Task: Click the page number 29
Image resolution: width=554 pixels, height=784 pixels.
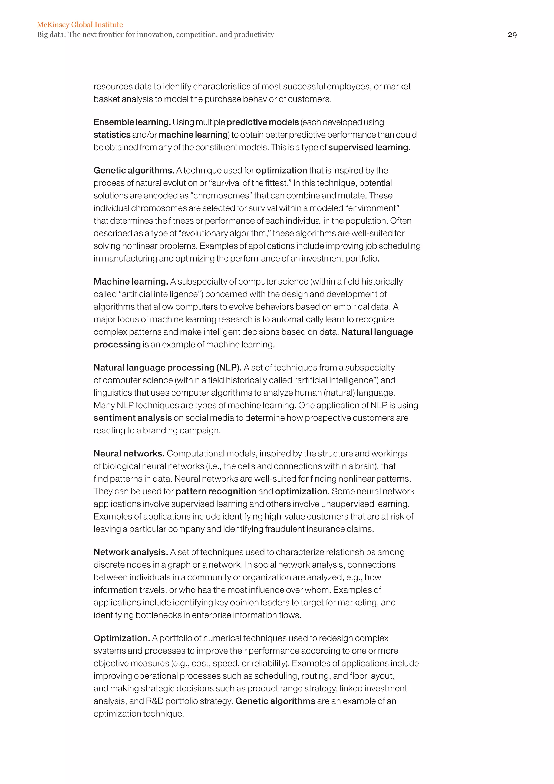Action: (x=512, y=35)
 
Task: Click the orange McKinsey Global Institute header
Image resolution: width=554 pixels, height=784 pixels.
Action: (x=80, y=25)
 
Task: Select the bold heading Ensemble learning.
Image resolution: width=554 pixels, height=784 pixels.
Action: (x=132, y=122)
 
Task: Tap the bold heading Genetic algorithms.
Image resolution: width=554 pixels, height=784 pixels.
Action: (x=134, y=170)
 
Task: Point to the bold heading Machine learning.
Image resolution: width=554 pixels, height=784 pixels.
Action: (x=131, y=282)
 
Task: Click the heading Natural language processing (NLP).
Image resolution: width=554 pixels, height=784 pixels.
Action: (x=167, y=368)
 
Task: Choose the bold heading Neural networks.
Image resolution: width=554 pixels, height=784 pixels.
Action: (x=129, y=454)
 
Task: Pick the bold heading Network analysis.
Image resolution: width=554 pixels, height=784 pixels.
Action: (x=131, y=552)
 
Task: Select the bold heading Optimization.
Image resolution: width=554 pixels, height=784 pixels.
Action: (x=122, y=638)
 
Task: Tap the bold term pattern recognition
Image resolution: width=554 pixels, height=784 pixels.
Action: (x=216, y=491)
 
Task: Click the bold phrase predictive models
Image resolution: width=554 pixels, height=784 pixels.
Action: (x=262, y=122)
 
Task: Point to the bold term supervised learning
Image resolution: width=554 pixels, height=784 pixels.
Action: (x=368, y=148)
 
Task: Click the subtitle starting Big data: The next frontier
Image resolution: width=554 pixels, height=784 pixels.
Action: (x=156, y=34)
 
